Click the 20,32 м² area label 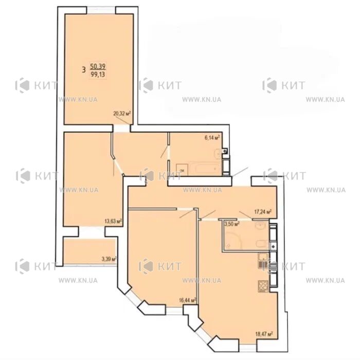click(x=122, y=113)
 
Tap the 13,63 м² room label click(x=113, y=221)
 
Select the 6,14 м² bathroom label click(x=212, y=137)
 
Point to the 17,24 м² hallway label click(x=263, y=211)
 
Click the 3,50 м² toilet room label click(x=232, y=224)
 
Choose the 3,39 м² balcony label click(x=109, y=259)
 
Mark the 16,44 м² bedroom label click(x=188, y=300)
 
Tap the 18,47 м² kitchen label click(x=264, y=334)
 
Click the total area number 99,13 click(x=98, y=75)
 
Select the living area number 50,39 click(x=98, y=66)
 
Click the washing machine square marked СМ click(x=182, y=170)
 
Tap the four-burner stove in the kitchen click(x=263, y=286)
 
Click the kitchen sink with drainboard click(x=263, y=261)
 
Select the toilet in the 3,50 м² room click(x=262, y=243)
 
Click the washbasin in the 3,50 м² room click(x=261, y=225)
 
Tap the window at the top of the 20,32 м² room click(x=101, y=10)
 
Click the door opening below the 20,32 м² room click(x=122, y=129)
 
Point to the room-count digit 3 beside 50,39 click(x=84, y=69)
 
